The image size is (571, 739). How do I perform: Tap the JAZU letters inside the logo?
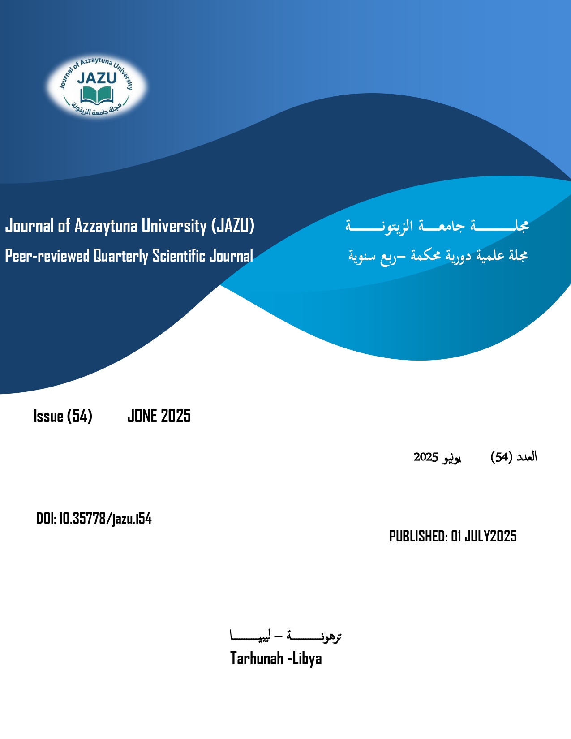[x=97, y=78]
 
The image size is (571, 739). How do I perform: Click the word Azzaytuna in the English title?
[x=106, y=226]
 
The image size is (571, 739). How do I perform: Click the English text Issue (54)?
[x=63, y=416]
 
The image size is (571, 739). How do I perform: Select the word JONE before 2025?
[x=142, y=416]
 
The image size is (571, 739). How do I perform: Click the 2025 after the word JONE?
[x=176, y=416]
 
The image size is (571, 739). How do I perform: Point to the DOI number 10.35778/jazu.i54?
[x=105, y=519]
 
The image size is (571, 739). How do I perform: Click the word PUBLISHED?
[x=418, y=536]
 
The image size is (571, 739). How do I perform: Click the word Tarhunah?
[x=257, y=658]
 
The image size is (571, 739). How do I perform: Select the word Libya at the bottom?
[x=307, y=658]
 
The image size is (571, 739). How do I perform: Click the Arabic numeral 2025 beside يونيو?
[x=425, y=457]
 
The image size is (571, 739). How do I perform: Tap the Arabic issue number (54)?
[x=501, y=457]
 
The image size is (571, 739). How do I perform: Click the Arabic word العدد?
[x=526, y=457]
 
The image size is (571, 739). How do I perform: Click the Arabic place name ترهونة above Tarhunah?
[x=314, y=636]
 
